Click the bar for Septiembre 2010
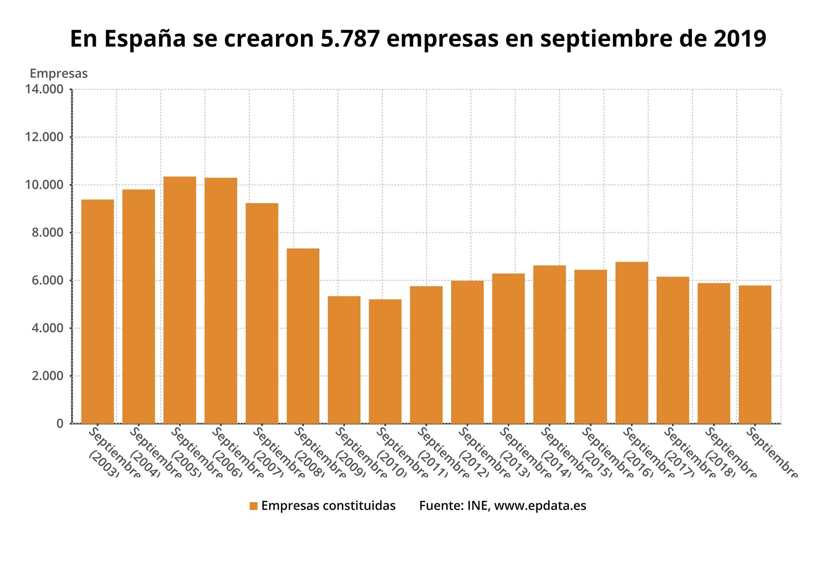point(385,361)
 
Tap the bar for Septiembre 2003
point(98,311)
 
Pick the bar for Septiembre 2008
point(303,336)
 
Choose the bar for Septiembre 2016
point(631,343)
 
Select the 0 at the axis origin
point(60,423)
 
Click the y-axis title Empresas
point(58,74)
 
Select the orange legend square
point(253,506)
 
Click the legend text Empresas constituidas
point(328,506)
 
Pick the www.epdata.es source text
point(540,506)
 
